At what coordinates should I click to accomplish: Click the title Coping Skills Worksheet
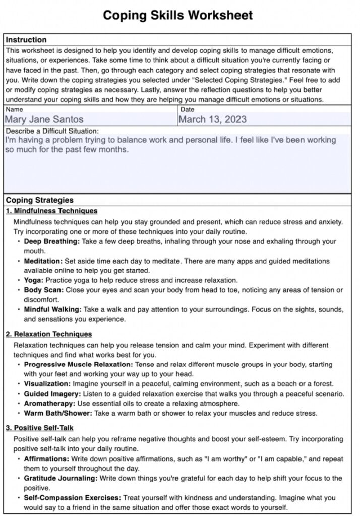pos(178,16)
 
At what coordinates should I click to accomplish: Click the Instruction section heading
pos(26,40)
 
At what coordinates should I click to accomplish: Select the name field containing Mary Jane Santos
pos(44,120)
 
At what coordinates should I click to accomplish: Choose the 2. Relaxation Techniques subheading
pos(49,334)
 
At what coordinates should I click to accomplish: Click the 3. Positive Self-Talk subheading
pos(40,428)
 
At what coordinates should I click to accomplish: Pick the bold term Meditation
pos(43,261)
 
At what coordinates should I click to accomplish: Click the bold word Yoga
pos(34,280)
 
